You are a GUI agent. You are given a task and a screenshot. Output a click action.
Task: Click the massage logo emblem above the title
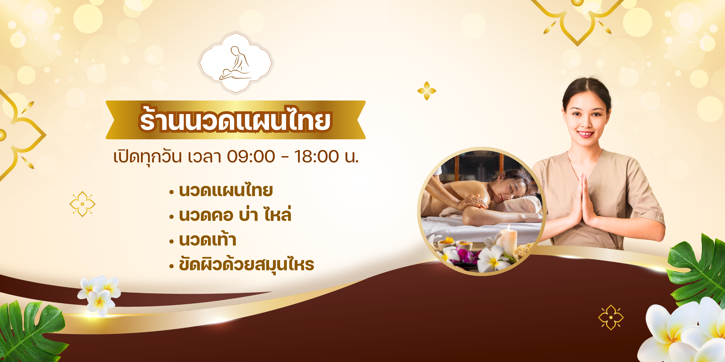click(236, 63)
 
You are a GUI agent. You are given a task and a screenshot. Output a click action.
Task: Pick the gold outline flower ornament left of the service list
click(82, 204)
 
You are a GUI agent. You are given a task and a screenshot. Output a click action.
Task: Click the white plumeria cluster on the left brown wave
click(99, 295)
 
